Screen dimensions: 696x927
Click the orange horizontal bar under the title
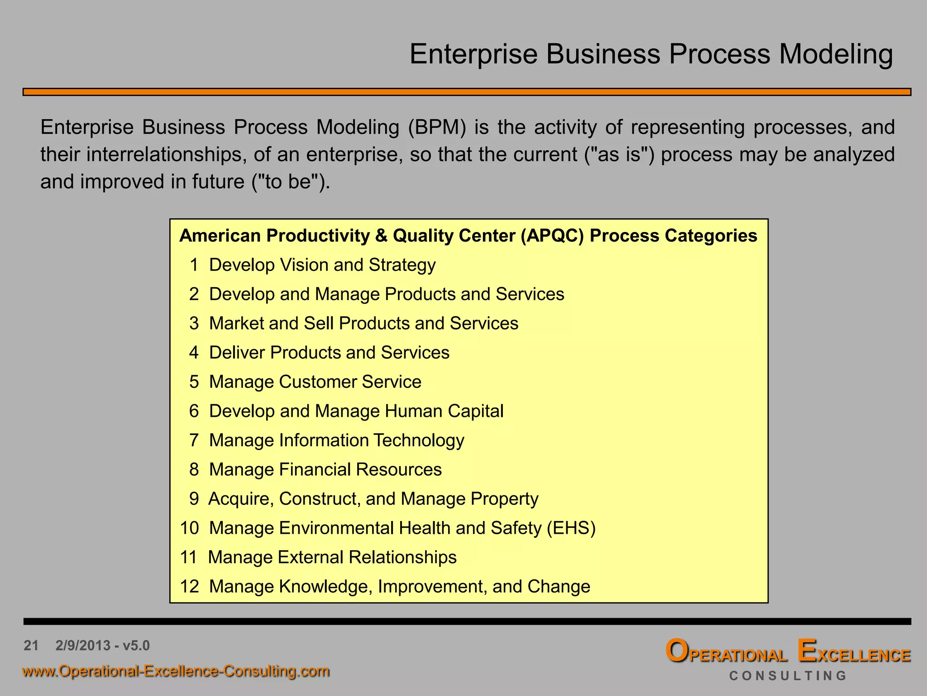(466, 92)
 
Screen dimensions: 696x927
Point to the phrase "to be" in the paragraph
(288, 182)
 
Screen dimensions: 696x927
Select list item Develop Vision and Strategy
(322, 265)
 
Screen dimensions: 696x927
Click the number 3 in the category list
(194, 324)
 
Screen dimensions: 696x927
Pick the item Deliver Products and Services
(329, 353)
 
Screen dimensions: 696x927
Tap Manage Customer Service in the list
(315, 382)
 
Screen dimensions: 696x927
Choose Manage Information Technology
(336, 440)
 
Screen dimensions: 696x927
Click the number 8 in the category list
(194, 469)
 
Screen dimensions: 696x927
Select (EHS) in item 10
(571, 528)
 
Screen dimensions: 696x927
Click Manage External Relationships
(332, 557)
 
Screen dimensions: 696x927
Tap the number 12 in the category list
(189, 587)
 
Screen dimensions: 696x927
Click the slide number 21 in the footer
(31, 645)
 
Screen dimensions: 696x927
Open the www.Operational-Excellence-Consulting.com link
(176, 671)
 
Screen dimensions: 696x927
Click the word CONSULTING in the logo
(787, 676)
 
